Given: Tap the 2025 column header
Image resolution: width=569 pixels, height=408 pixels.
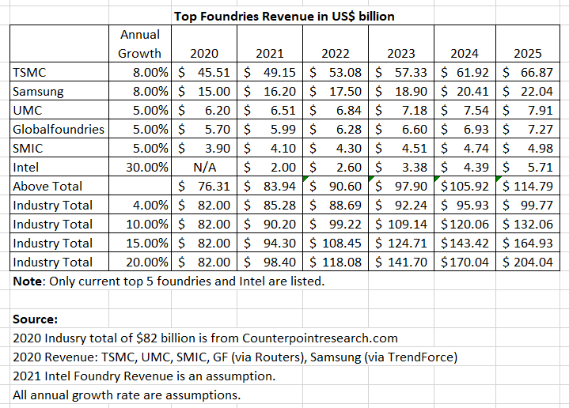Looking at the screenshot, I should click(528, 54).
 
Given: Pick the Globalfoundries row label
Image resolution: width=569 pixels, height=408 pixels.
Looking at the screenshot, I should click(59, 129).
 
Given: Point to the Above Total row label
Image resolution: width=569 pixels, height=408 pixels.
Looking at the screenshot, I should click(47, 186).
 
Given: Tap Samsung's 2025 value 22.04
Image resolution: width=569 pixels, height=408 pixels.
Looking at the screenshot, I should click(536, 91).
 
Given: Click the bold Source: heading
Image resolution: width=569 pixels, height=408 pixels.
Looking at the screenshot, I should click(36, 319).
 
